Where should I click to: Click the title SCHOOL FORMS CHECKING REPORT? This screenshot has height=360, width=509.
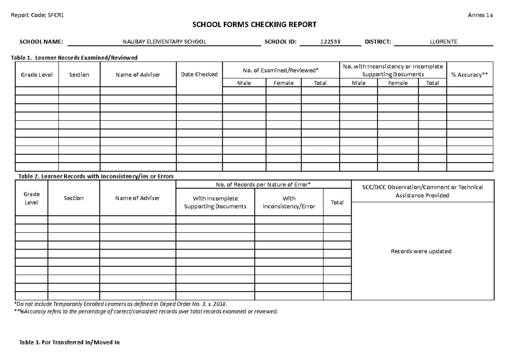pos(255,25)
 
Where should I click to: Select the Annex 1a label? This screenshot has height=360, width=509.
pos(480,15)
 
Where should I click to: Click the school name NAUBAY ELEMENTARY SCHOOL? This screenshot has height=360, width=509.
pos(165,42)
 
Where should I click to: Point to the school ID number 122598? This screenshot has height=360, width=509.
pos(330,42)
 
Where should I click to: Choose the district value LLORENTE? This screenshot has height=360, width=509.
pos(444,42)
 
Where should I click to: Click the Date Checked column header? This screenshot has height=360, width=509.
pos(199,74)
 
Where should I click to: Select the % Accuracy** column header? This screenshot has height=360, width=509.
pos(470,74)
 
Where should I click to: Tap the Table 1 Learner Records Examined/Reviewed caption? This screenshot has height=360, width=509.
pos(77,57)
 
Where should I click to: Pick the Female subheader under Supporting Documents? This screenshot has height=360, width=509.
pos(398,83)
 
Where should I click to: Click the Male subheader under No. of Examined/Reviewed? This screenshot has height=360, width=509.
pos(244,83)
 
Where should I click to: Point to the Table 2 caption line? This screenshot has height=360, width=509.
pos(95,176)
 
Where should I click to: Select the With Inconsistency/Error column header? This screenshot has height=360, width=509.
pos(289,202)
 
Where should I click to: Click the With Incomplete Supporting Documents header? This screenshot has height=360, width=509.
pos(215,202)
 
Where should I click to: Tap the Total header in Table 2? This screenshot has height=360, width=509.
pos(337,202)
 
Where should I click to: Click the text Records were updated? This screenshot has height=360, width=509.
pos(421,251)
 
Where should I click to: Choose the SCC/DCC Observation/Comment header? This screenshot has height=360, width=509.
pos(422,191)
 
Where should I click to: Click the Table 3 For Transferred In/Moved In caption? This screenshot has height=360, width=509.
pos(70,342)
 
